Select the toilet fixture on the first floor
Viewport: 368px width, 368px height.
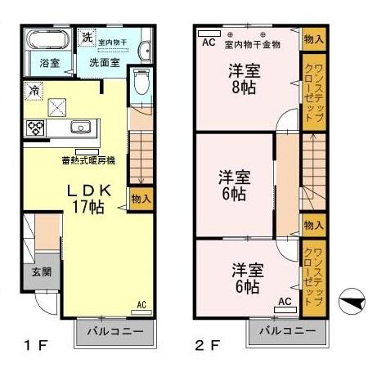pyautogui.click(x=141, y=81)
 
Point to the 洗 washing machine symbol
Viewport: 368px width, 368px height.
pyautogui.click(x=87, y=38)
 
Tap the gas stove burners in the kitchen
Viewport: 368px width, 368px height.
pyautogui.click(x=37, y=127)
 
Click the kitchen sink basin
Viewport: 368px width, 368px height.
pyautogui.click(x=81, y=127)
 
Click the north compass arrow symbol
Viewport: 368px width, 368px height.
pyautogui.click(x=350, y=302)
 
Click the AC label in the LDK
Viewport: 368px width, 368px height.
pyautogui.click(x=141, y=305)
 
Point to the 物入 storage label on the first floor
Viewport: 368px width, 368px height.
pyautogui.click(x=141, y=199)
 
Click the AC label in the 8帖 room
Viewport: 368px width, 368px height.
pyautogui.click(x=209, y=42)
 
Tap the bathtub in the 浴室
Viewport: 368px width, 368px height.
pyautogui.click(x=45, y=40)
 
